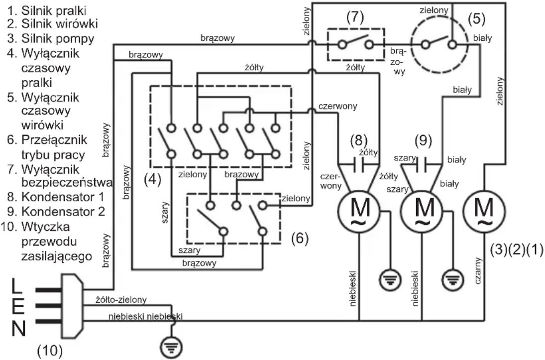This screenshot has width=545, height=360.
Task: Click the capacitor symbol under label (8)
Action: (x=359, y=164)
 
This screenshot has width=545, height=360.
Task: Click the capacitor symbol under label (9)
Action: (x=422, y=164)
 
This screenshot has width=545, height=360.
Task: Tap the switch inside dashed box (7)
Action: (x=355, y=43)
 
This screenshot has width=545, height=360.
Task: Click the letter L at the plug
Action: (x=17, y=287)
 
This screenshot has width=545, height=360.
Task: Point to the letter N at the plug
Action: (x=19, y=328)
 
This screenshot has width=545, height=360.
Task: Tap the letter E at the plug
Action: (x=18, y=307)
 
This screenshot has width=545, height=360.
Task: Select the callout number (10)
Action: (x=50, y=350)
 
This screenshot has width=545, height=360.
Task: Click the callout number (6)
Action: (x=300, y=238)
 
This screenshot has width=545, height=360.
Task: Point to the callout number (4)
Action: (x=152, y=179)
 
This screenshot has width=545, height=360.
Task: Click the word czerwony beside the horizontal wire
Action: (x=338, y=106)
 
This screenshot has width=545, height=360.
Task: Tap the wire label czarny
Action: (x=478, y=271)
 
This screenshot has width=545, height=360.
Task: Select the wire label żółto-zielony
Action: (x=121, y=299)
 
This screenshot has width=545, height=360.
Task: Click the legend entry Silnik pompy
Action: (x=51, y=38)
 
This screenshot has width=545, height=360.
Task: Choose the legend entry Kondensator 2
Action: (x=56, y=212)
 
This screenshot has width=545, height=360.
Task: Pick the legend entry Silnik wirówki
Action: (x=52, y=24)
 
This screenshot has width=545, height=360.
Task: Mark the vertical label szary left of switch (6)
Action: (x=165, y=213)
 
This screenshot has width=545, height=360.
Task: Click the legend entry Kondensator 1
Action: (x=56, y=197)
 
